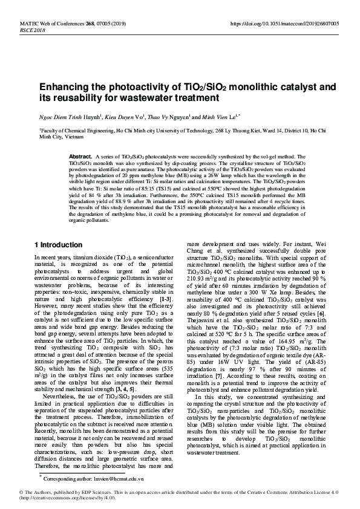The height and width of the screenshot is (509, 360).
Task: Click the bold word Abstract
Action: tap(80, 156)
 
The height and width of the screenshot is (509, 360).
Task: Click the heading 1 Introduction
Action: tap(58, 244)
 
